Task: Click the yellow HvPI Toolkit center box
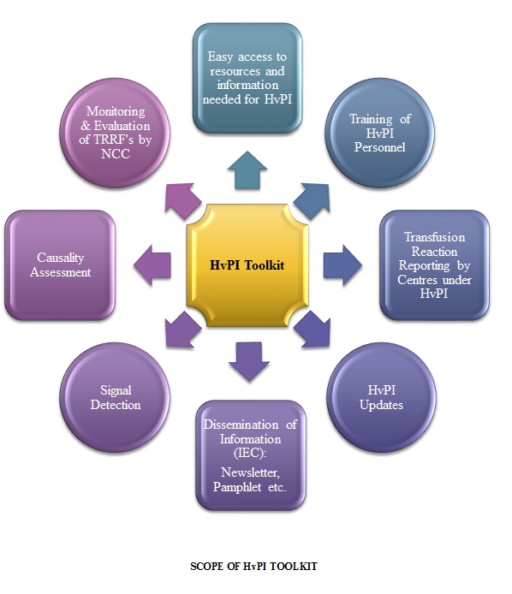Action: click(247, 265)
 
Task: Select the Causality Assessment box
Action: click(60, 265)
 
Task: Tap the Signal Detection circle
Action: click(115, 397)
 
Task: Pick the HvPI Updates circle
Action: click(381, 397)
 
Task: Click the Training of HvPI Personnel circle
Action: click(380, 133)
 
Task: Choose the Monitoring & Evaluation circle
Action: click(115, 133)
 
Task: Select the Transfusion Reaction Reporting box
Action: click(434, 265)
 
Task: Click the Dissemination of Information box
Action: click(251, 455)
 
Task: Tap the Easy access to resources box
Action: click(247, 78)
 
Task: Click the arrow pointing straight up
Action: click(247, 169)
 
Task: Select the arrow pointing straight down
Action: click(249, 361)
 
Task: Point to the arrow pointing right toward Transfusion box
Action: click(342, 264)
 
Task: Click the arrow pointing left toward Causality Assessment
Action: click(152, 264)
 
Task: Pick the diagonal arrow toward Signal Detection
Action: click(182, 330)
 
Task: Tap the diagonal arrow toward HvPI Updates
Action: click(313, 330)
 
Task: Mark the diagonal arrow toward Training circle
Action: click(313, 201)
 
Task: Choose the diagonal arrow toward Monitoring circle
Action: click(182, 201)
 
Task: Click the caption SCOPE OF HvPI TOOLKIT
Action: click(253, 567)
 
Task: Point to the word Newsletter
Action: click(251, 472)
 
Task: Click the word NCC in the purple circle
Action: click(116, 154)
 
